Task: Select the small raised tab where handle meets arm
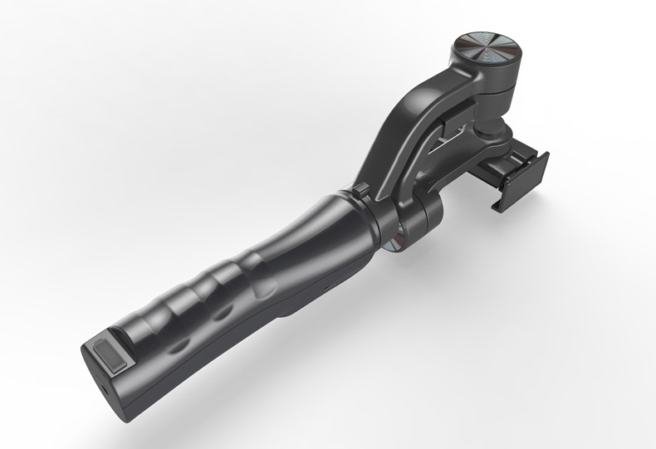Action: tap(360, 190)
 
